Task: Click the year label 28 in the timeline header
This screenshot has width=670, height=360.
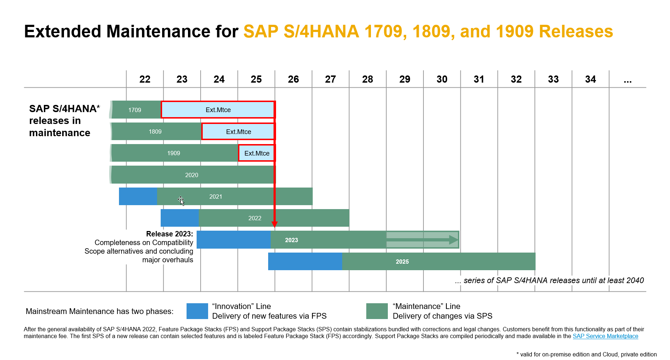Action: [367, 79]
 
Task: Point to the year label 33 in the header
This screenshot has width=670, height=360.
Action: [553, 79]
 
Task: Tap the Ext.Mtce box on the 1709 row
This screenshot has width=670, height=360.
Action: [218, 110]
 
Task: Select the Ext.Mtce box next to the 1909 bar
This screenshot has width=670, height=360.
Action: [257, 153]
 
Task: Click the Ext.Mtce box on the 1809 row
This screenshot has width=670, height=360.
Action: [238, 132]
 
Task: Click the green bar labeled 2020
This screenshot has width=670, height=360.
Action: [192, 175]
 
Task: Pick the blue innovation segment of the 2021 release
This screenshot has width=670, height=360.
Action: [138, 197]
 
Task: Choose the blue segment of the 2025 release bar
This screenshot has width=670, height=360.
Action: [305, 262]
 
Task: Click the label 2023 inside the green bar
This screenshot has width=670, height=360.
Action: [292, 240]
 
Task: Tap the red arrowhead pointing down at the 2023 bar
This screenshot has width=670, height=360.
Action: [275, 225]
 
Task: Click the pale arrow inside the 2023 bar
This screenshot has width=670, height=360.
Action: [422, 240]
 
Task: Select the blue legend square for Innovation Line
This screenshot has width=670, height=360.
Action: [197, 311]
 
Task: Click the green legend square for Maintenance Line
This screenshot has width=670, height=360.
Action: [377, 311]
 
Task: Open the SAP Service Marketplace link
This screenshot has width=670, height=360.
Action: [605, 336]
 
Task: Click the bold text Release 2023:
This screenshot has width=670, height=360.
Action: [169, 234]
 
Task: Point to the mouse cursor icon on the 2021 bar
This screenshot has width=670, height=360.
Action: [181, 201]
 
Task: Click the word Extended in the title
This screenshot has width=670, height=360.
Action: [63, 32]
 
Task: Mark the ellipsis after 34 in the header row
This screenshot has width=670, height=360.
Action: [627, 80]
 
